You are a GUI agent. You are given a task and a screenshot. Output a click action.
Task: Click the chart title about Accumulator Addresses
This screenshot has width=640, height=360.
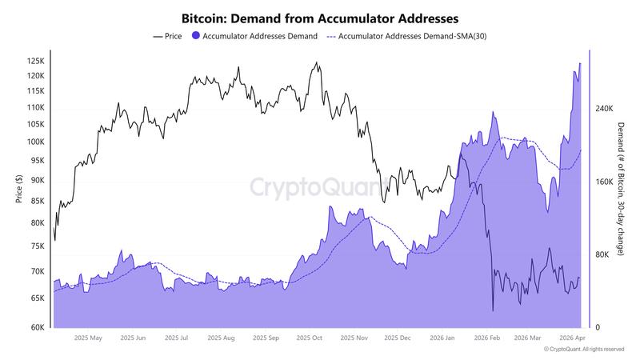(320, 17)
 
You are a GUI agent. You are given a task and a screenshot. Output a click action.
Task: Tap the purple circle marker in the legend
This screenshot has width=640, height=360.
(196, 36)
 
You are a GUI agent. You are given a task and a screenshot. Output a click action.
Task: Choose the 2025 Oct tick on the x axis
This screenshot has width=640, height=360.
(308, 338)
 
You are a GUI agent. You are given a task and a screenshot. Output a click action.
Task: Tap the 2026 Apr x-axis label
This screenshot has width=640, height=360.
(572, 338)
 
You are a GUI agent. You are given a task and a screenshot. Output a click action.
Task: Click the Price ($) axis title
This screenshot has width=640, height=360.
(18, 189)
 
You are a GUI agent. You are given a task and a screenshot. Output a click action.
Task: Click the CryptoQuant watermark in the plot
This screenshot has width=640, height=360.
(318, 187)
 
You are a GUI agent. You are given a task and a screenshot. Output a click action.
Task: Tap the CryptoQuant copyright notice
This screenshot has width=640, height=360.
(583, 350)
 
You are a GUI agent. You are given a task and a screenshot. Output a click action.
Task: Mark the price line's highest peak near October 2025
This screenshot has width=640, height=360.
(318, 62)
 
